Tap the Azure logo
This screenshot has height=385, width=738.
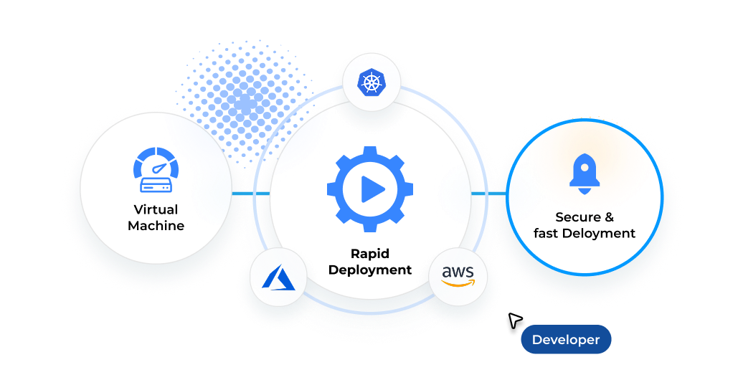tap(278, 277)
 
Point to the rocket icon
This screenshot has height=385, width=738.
tap(585, 174)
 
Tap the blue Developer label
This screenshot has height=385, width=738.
tap(566, 340)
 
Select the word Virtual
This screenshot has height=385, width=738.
tap(156, 210)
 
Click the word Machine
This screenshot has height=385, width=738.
tap(156, 226)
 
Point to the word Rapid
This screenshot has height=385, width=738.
tap(370, 253)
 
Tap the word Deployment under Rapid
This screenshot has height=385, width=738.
tap(371, 270)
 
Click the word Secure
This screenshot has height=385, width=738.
tap(578, 217)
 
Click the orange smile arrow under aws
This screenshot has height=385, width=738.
tap(459, 282)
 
